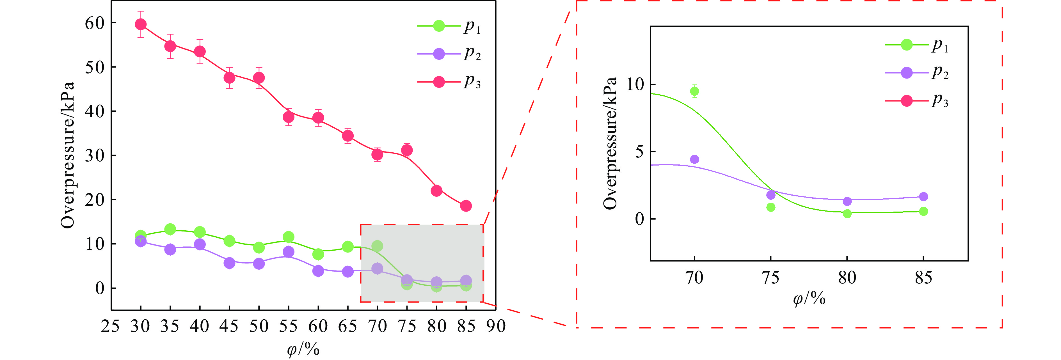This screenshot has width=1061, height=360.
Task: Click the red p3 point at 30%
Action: tap(140, 24)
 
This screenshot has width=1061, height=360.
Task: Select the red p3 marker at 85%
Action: tap(466, 206)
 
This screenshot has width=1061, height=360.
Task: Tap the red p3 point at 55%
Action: tap(289, 117)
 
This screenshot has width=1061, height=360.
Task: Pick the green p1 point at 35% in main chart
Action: tap(170, 229)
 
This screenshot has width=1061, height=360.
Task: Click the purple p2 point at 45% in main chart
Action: tap(229, 263)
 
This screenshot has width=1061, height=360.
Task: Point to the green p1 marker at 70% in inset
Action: tap(694, 91)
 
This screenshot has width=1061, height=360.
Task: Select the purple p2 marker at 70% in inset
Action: tap(694, 159)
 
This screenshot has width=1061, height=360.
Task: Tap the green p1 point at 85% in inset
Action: tap(923, 211)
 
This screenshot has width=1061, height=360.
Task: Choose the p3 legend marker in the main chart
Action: tap(439, 82)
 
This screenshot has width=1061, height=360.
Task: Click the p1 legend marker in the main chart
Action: tap(439, 26)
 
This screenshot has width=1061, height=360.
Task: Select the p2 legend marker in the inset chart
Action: tap(907, 73)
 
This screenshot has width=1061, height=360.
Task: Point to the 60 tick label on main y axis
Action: tap(95, 23)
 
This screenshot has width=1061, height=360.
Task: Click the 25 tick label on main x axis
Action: tap(110, 327)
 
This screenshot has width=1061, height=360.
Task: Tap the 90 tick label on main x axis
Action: tap(496, 327)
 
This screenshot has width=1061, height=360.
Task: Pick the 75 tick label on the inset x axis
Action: tap(770, 278)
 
